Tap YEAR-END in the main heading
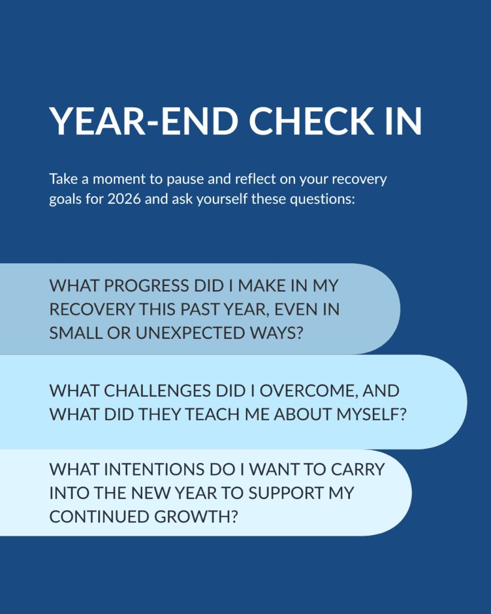click(144, 121)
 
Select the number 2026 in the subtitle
click(123, 199)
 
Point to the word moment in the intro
click(119, 179)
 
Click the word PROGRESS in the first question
click(146, 286)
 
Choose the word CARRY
click(358, 469)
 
